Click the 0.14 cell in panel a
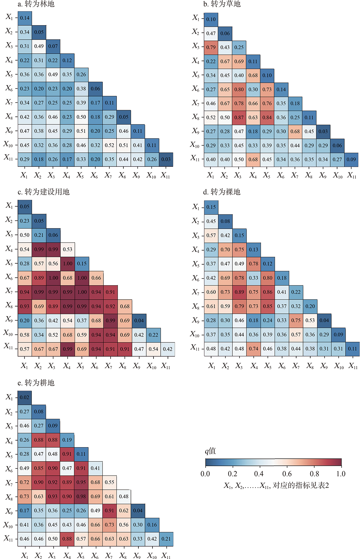[25, 18]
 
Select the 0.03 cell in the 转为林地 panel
[166, 159]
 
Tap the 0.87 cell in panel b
[239, 117]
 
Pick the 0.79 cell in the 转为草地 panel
[211, 47]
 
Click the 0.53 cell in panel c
[67, 249]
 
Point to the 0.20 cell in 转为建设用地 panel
[25, 321]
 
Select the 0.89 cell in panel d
[239, 292]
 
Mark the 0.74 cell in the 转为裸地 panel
[253, 349]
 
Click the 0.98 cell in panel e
[81, 496]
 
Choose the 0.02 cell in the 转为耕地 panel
[25, 397]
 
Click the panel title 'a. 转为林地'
[36, 4]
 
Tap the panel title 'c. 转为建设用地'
[44, 192]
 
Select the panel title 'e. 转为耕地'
[36, 383]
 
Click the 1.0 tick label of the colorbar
[341, 474]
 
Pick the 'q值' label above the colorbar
[210, 451]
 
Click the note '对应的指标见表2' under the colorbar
[301, 485]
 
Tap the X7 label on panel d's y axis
[195, 292]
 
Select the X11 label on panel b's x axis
[352, 176]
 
